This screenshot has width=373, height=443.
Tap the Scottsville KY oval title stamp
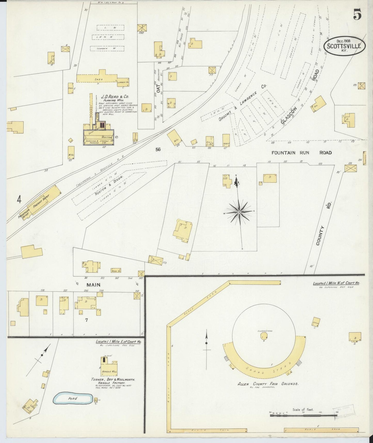click(x=345, y=46)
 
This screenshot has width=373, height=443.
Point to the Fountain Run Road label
click(x=301, y=153)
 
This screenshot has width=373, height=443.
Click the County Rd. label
click(x=324, y=223)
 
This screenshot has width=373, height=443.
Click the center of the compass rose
click(x=239, y=212)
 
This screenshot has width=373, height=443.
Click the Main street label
click(x=93, y=285)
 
